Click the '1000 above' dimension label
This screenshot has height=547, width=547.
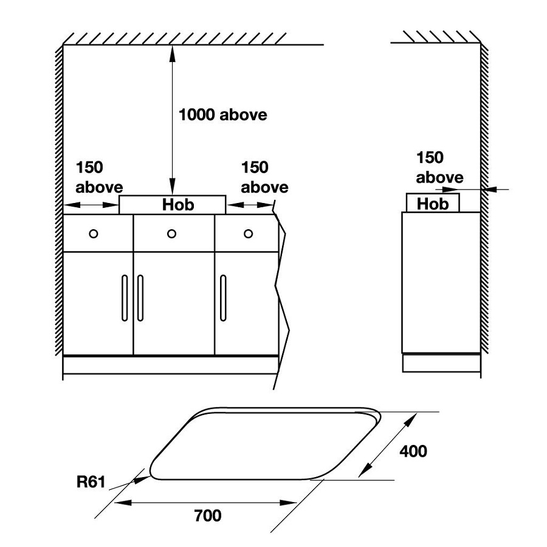(x=222, y=114)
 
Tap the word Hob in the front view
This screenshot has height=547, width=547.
(x=177, y=205)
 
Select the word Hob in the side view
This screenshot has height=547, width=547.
(x=433, y=203)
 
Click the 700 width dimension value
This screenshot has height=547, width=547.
(x=208, y=516)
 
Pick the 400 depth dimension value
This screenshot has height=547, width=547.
(x=413, y=451)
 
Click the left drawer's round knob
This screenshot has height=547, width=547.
(x=93, y=233)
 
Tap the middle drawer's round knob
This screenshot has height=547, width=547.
(x=171, y=233)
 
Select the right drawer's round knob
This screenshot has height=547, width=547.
(x=249, y=233)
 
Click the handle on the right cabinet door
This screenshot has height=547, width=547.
(x=223, y=297)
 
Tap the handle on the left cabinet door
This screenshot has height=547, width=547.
(x=125, y=297)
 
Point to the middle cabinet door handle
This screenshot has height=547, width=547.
(x=140, y=297)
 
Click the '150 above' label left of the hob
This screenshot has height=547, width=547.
(x=98, y=177)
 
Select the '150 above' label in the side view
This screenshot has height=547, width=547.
(x=439, y=167)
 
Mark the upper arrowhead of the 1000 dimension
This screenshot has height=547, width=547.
(x=173, y=51)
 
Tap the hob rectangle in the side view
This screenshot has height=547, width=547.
(x=433, y=202)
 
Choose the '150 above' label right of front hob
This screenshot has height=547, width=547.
(x=264, y=177)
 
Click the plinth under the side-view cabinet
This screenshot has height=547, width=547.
(x=442, y=363)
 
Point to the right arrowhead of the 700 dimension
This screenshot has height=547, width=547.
(x=290, y=502)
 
